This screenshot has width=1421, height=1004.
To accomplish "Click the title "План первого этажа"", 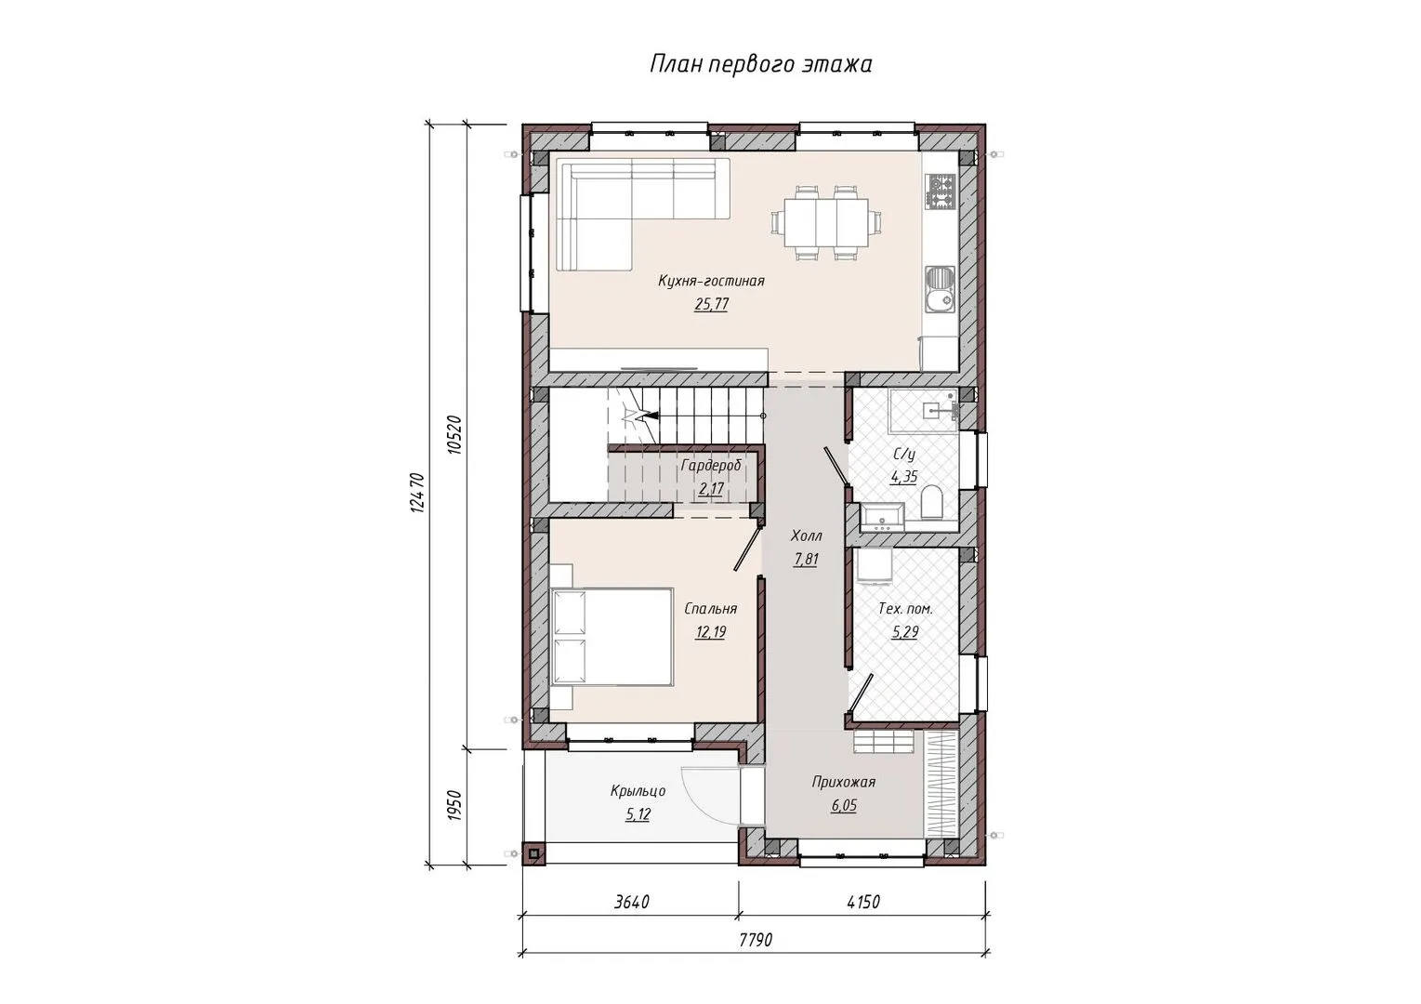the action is tap(760, 65).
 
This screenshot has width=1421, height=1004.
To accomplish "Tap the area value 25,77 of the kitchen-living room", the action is tap(711, 304).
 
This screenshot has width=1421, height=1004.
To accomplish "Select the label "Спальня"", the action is tap(710, 609).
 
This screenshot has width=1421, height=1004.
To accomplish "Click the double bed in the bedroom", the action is tap(612, 637).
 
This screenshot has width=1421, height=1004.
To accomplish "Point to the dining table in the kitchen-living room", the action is tap(826, 222).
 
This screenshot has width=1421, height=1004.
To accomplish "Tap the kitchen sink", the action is tap(941, 290).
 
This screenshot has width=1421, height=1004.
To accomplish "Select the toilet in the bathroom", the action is tap(931, 502).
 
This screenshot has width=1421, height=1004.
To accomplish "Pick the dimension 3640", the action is tap(632, 902).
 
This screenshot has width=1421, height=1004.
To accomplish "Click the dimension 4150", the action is tap(863, 902).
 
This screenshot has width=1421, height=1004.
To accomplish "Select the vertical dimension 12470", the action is tap(416, 493).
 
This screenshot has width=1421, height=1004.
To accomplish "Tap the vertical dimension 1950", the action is tap(454, 806).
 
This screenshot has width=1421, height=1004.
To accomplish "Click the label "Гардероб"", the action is tap(711, 466).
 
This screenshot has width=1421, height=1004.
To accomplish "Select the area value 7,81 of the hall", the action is tap(807, 559).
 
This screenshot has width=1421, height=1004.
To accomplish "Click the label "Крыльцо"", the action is tap(638, 791).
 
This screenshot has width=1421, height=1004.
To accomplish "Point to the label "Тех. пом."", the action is tap(905, 609).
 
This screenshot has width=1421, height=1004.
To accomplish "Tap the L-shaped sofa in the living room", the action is tap(642, 214).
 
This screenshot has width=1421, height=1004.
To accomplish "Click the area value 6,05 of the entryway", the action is tap(845, 806).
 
